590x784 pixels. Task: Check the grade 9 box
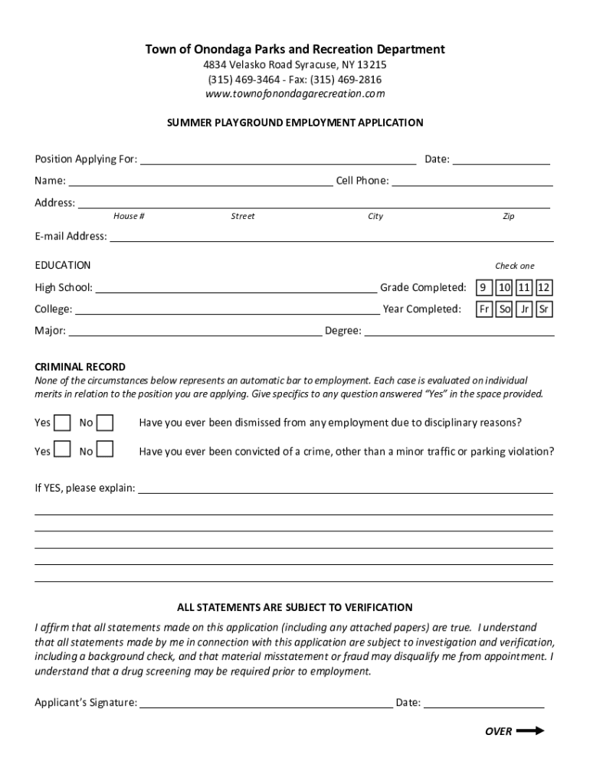click(483, 288)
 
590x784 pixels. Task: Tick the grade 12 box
click(543, 288)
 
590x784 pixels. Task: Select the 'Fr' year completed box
click(484, 309)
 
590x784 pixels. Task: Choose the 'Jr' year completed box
click(524, 309)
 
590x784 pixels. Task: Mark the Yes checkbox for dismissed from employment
click(63, 423)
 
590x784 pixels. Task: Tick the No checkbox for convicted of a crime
click(105, 450)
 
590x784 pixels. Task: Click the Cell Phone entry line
click(472, 181)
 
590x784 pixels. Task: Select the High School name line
click(235, 289)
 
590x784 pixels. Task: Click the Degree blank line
click(459, 332)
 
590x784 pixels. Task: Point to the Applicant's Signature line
click(266, 703)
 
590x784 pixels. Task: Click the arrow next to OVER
click(530, 730)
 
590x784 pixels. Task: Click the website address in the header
click(295, 94)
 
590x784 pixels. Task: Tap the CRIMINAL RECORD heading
click(80, 367)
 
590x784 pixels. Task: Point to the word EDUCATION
click(63, 265)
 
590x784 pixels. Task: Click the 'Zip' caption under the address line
click(508, 217)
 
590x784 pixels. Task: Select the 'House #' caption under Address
click(129, 217)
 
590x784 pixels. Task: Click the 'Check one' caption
click(514, 266)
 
